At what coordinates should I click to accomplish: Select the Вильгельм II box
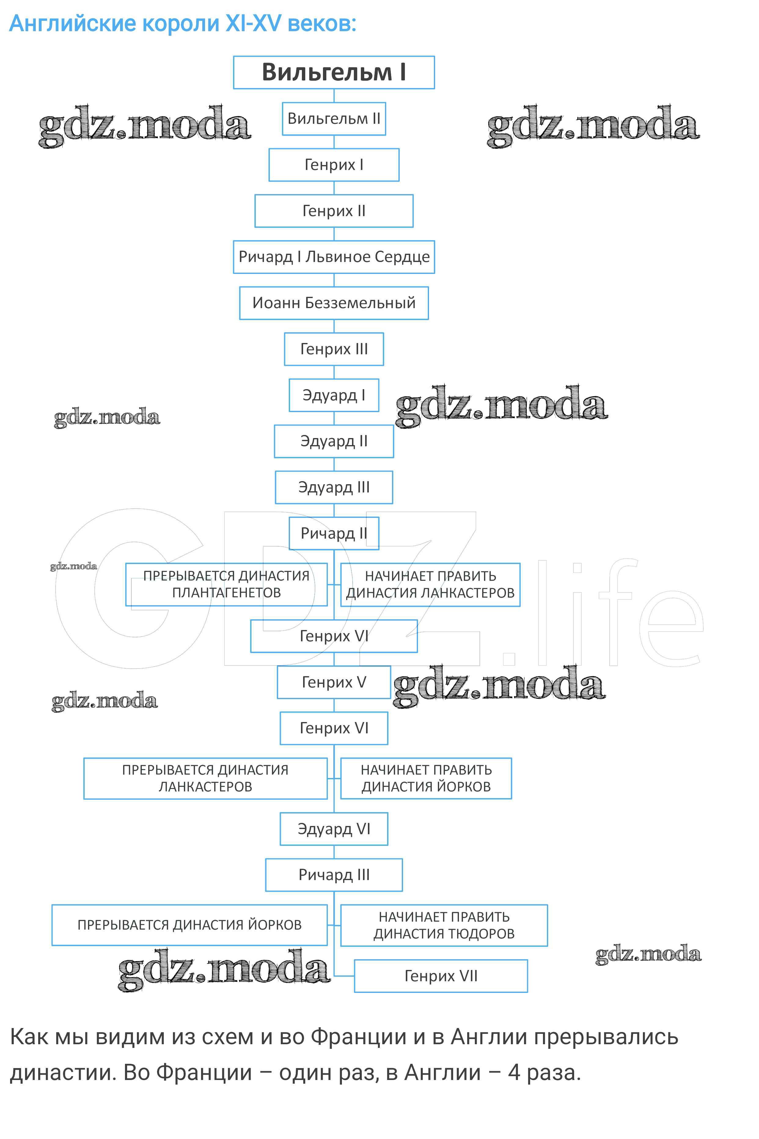pos(334,119)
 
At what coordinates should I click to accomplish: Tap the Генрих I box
pos(334,165)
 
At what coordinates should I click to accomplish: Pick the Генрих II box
pos(334,211)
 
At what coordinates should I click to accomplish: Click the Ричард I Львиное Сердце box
pos(334,257)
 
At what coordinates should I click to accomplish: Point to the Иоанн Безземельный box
pos(334,303)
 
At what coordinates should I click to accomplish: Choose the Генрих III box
pos(334,349)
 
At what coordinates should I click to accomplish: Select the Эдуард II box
pos(334,441)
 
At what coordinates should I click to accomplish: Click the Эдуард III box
pos(334,487)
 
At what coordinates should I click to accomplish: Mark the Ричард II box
pos(334,533)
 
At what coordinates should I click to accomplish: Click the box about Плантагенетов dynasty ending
pos(226,584)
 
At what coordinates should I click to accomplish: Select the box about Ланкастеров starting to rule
pos(430,584)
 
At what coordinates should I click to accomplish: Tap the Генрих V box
pos(334,682)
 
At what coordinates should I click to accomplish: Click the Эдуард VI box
pos(334,829)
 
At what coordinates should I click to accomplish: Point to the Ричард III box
pos(334,875)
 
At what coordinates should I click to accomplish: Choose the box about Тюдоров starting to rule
pos(443,925)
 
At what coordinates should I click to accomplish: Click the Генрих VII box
pos(441,976)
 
